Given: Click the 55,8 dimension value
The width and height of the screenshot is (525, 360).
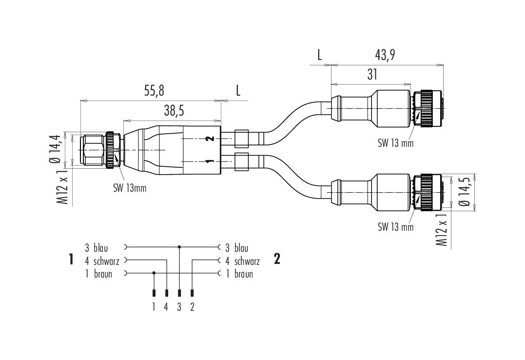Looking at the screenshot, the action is [x=154, y=91].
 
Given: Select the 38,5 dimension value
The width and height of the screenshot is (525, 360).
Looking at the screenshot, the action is [x=174, y=111].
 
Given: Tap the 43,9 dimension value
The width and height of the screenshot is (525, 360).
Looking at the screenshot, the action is [x=385, y=55].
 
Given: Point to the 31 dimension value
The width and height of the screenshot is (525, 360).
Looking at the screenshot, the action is [x=372, y=75].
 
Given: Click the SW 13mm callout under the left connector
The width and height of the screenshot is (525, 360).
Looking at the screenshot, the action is [x=130, y=188].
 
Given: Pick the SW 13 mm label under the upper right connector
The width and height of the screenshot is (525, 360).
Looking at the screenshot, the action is [x=396, y=143].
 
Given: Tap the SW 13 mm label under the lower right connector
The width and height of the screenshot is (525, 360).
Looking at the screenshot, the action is [x=396, y=227].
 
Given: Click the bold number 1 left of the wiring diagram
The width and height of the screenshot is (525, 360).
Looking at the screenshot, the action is [x=71, y=259].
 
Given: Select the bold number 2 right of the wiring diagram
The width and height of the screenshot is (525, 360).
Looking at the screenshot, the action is [x=277, y=259].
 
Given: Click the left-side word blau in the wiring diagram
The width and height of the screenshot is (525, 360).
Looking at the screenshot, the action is [x=101, y=248].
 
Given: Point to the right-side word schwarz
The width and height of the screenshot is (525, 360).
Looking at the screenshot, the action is [x=247, y=261].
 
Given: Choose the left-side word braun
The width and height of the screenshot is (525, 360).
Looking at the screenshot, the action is [x=103, y=274].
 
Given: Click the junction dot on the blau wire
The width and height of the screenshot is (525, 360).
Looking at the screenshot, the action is [x=179, y=247].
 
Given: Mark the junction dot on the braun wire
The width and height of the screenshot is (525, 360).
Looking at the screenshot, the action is [x=154, y=273].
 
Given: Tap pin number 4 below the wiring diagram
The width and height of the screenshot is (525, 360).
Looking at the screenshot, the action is [x=166, y=307].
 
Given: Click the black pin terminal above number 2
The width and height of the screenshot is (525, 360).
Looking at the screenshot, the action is [x=192, y=293].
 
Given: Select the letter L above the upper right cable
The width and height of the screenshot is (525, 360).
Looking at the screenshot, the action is [x=320, y=55].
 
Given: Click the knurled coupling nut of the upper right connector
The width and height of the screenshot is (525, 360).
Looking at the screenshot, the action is [x=429, y=108].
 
